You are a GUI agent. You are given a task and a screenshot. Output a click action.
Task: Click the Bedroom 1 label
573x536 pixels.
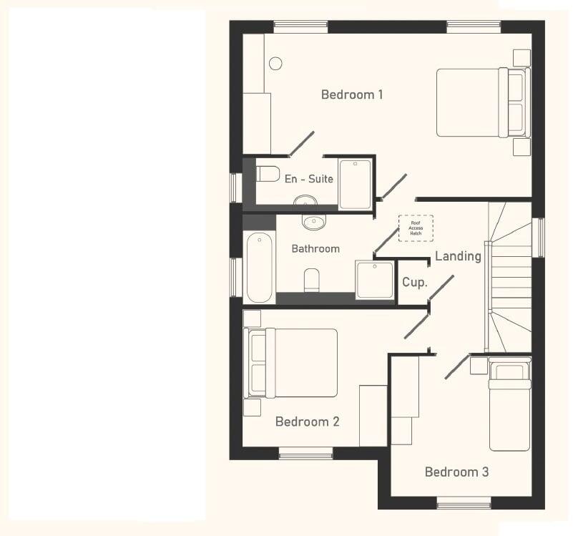pos(352,94)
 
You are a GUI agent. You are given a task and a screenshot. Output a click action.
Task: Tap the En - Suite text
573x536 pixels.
pos(308,179)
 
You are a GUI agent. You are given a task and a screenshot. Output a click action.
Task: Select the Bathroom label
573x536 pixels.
pos(315,249)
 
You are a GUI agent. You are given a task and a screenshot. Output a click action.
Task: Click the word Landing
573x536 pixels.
pos(458,256)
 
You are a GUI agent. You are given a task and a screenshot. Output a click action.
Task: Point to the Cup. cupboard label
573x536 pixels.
pos(414,282)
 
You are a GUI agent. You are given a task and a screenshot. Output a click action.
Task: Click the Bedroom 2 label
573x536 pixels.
pos(307,422)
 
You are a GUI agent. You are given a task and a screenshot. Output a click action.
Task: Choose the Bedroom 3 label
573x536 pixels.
pos(456,472)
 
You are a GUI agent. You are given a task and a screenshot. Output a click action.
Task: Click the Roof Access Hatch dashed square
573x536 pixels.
pos(416,228)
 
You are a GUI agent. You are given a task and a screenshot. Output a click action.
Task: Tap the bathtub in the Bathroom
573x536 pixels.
pos(259,267)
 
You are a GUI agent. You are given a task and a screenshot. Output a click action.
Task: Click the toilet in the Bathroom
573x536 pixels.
pos(312,280)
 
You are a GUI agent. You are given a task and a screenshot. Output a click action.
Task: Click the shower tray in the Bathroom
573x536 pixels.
pos(375,279)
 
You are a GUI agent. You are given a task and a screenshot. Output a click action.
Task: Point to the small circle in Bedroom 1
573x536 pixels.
pos(275,63)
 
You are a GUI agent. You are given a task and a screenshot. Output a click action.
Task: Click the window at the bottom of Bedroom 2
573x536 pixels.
pos(305,454)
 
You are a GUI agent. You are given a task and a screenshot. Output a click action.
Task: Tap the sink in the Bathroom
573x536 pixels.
pos(313,222)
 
